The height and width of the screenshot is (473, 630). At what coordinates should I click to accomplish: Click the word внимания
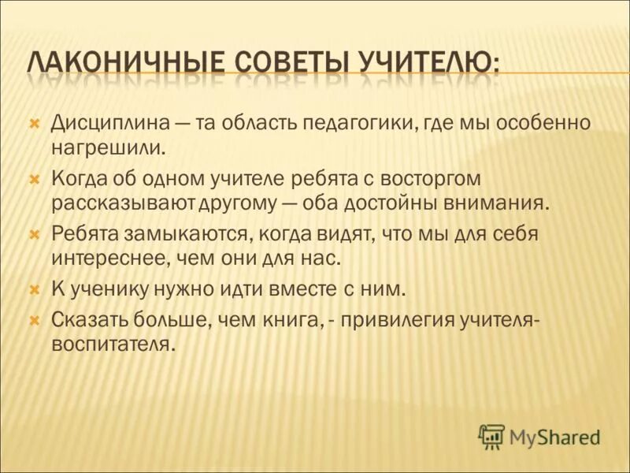click(x=504, y=202)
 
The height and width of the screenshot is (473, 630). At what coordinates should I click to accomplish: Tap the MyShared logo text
click(x=554, y=436)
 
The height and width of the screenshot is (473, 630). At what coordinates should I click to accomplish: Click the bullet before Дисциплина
click(x=34, y=125)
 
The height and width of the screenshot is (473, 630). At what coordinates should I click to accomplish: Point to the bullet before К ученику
click(x=34, y=289)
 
